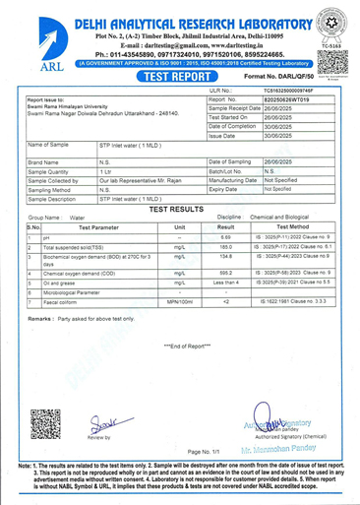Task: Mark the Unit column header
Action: (x=179, y=226)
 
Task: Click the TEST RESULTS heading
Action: (x=181, y=210)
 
